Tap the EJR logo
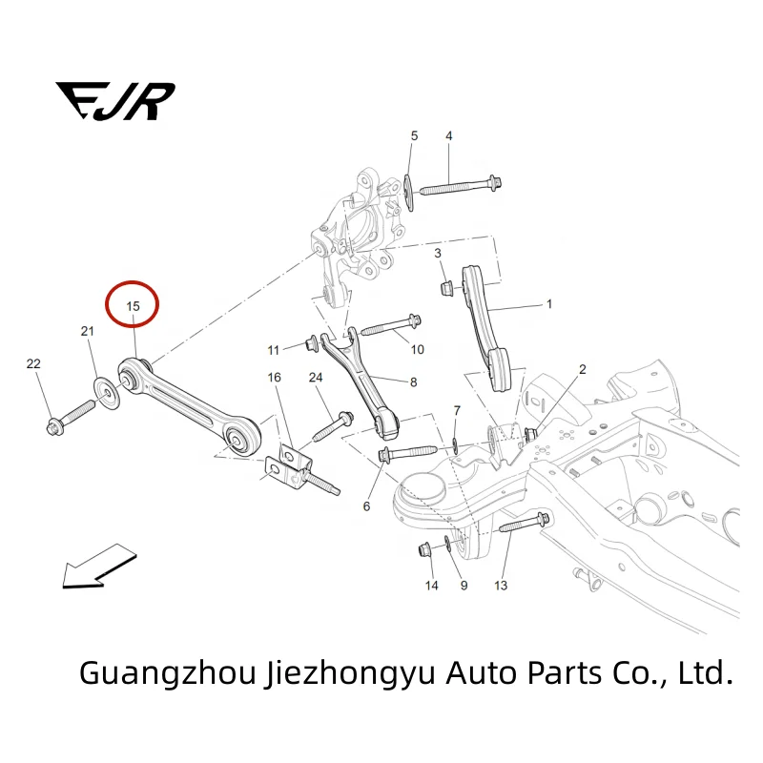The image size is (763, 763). (114, 100)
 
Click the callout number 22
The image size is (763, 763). (34, 365)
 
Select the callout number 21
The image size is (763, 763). (88, 331)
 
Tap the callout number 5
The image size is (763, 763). (414, 136)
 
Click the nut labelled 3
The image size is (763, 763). (446, 286)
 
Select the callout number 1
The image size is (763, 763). (548, 305)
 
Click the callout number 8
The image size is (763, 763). (413, 382)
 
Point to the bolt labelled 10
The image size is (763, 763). (391, 326)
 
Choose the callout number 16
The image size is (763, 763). (275, 379)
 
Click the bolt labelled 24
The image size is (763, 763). (331, 424)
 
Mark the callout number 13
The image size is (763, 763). (501, 585)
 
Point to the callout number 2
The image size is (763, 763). (583, 369)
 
